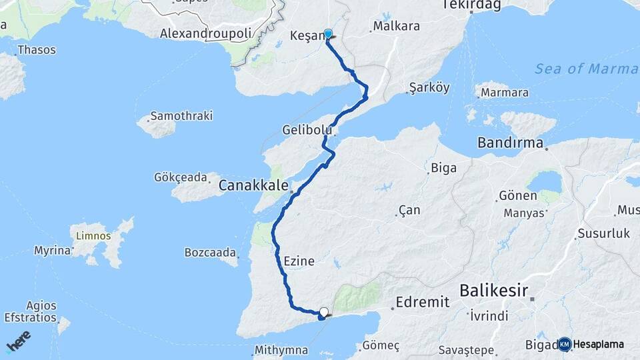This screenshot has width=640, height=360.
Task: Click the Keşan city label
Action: tap(306, 36)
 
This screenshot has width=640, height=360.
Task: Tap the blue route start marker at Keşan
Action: tap(327, 33)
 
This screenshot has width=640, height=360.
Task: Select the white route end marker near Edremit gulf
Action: tap(324, 311)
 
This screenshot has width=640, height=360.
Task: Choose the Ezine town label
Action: tap(298, 261)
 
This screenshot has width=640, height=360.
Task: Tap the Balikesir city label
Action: tap(493, 291)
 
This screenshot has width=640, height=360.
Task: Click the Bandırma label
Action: tap(510, 143)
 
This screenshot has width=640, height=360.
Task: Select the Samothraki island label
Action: tap(181, 116)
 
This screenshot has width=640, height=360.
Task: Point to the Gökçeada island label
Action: tap(181, 178)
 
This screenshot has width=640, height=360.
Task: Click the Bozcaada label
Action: tap(210, 253)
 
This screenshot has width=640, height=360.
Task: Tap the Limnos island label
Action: tap(94, 236)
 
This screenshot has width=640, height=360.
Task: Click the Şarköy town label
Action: tap(429, 88)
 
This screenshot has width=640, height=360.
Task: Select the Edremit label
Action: tap(422, 302)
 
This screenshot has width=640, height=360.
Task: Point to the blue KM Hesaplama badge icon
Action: tap(565, 344)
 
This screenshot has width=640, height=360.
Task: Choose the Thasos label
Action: tap(37, 50)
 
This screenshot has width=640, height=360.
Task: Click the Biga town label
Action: tap(443, 167)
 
